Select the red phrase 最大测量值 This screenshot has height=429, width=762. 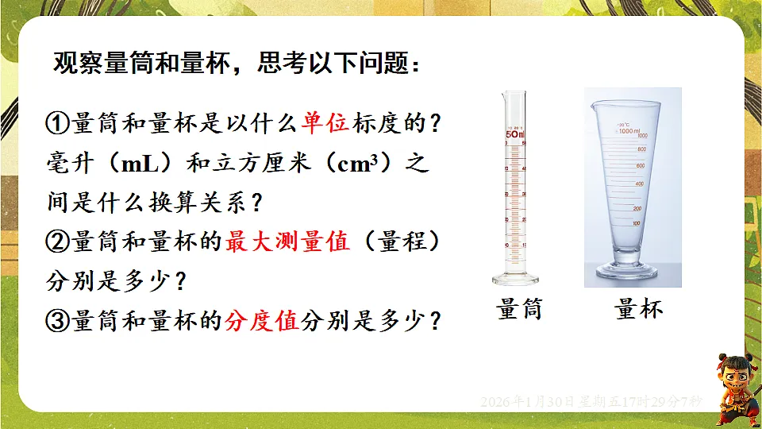click(x=287, y=242)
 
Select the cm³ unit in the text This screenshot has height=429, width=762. click(x=362, y=164)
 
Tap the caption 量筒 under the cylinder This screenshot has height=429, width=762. click(x=519, y=307)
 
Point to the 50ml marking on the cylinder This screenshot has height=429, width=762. click(x=515, y=135)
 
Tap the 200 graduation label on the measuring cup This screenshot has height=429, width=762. click(x=637, y=208)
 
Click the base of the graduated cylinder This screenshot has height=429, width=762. click(x=514, y=279)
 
